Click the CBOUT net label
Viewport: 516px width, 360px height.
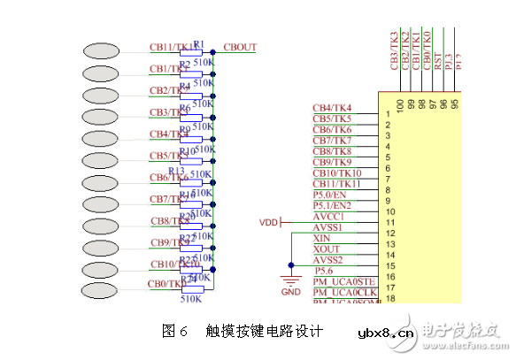(240, 47)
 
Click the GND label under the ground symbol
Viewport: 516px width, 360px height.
(290, 291)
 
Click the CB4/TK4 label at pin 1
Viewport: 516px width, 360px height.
(332, 108)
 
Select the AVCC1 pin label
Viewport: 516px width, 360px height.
(328, 216)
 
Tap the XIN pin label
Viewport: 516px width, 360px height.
(322, 238)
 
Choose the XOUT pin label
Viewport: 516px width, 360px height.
(326, 249)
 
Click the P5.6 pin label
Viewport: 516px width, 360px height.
(325, 271)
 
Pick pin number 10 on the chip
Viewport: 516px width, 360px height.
(389, 211)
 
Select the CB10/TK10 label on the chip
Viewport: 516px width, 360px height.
(336, 172)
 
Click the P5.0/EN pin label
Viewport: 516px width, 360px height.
(331, 195)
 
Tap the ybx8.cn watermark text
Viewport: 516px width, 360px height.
(385, 333)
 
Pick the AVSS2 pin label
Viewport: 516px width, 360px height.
(329, 259)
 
